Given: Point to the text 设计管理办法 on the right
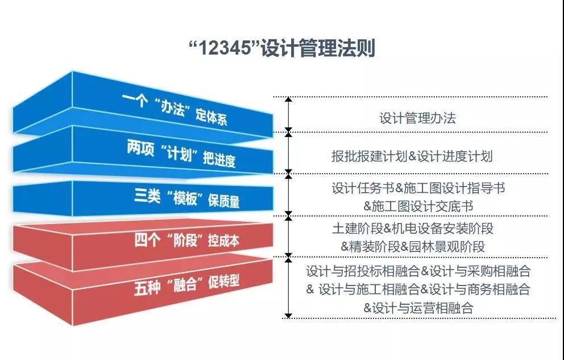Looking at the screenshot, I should click(417, 118).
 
